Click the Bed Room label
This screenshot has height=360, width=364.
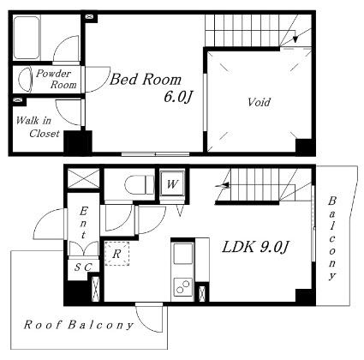pos(146,80)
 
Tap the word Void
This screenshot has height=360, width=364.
pos(259,102)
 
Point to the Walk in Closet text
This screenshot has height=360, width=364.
pos(38,127)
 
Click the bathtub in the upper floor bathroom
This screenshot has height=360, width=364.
pos(27,38)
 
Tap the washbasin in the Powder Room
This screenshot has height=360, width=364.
pos(25,79)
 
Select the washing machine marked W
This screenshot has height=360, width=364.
pos(172,183)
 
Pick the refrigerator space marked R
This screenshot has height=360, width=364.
pos(116,254)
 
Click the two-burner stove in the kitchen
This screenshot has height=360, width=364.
pos(182,286)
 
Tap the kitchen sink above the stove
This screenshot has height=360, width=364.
pos(182,254)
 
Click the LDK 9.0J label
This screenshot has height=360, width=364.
pos(255,247)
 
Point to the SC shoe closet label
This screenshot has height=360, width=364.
pos(83,267)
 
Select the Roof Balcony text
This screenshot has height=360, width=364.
pos(79,325)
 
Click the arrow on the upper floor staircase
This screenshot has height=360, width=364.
pos(295,35)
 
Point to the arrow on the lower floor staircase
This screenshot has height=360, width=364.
pos(223,186)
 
